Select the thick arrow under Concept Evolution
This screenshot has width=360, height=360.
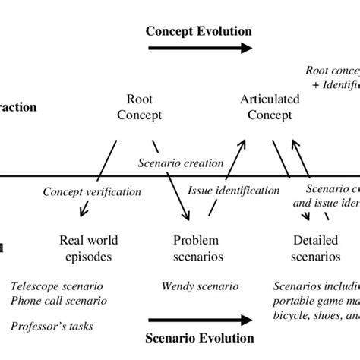199,48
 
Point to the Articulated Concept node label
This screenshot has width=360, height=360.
270,106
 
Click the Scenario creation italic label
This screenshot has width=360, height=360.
181,163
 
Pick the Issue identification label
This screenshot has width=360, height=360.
233,192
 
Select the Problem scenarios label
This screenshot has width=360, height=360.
198,249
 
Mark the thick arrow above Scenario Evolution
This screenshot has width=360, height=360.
200,320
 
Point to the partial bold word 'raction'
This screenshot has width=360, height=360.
17,107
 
